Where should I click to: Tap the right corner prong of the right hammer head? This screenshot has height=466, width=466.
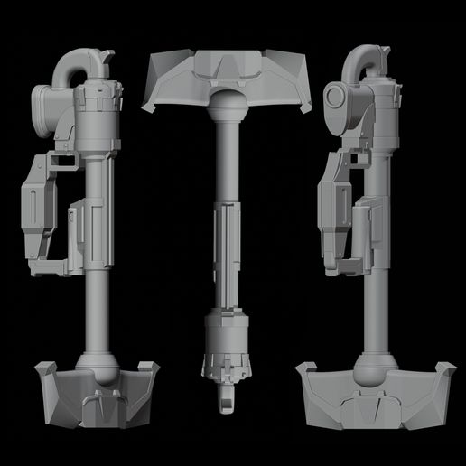(443, 370)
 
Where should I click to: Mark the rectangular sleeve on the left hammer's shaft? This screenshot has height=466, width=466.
(79, 226)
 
